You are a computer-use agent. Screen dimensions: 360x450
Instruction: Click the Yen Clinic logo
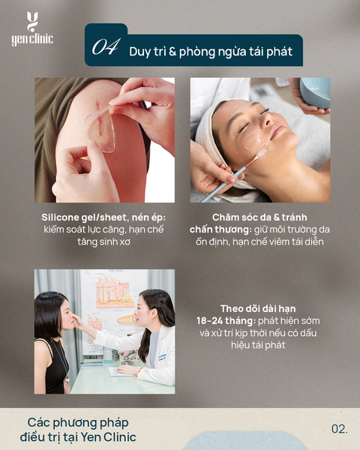[x=32, y=28]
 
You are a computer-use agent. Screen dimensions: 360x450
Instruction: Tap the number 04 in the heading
[x=105, y=46]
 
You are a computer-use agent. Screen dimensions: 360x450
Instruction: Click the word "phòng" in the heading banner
[x=197, y=52]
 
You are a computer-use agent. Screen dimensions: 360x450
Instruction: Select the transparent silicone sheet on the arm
[x=100, y=128]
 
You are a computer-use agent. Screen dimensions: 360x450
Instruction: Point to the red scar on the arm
[x=99, y=118]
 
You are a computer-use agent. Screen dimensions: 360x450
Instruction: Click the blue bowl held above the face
[x=315, y=92]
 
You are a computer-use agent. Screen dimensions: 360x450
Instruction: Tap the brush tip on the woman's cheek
[x=262, y=154]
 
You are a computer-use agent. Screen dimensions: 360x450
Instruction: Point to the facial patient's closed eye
[x=244, y=127]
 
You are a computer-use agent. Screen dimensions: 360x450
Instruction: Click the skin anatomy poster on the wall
[x=114, y=304]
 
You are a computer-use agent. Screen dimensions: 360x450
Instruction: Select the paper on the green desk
[x=121, y=372]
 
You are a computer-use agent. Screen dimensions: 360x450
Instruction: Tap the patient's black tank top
[x=56, y=370]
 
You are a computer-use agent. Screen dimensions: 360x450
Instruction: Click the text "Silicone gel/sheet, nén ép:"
[x=103, y=217]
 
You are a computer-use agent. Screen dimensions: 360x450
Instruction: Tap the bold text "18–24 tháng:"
[x=226, y=320]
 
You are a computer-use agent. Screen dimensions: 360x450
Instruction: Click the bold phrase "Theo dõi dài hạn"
[x=258, y=308]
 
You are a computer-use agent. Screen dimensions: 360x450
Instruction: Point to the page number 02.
[x=340, y=429]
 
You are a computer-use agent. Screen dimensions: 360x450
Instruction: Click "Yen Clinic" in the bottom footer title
[x=108, y=437]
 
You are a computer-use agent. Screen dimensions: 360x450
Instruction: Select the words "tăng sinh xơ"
[x=104, y=241]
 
